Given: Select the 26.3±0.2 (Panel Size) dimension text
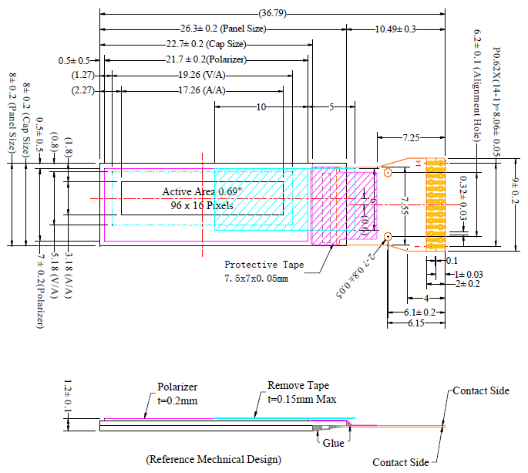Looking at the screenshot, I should pyautogui.click(x=223, y=29).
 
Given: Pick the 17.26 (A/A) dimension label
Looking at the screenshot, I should pyautogui.click(x=202, y=90).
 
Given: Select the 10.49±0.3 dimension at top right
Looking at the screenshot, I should pyautogui.click(x=395, y=29).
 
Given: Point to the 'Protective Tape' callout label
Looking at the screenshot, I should pyautogui.click(x=264, y=264).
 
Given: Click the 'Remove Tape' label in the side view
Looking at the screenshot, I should pyautogui.click(x=298, y=385).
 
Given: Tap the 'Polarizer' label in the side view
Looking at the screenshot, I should pyautogui.click(x=179, y=387).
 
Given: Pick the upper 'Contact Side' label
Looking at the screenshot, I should pyautogui.click(x=481, y=390).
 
